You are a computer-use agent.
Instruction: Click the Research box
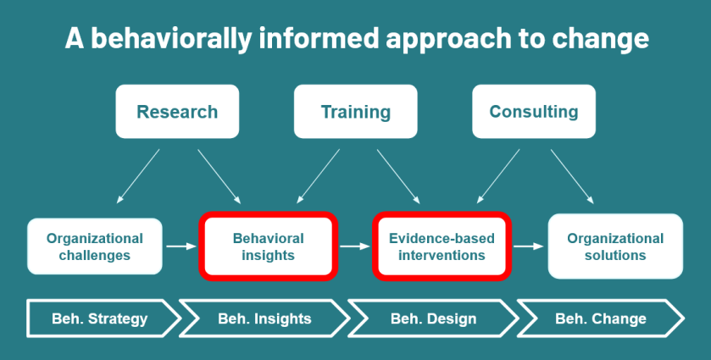pos(177,112)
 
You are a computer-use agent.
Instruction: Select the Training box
pos(355,112)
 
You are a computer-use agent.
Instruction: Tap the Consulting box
pos(533,112)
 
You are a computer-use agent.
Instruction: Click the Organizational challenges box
pos(94,246)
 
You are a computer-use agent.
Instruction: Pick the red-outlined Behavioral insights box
pos(268,246)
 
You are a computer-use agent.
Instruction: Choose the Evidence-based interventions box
pos(442,246)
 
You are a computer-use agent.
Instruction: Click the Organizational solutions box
pos(614,246)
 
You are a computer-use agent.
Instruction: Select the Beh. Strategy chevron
pos(100,318)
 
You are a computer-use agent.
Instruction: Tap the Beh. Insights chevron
pos(264,318)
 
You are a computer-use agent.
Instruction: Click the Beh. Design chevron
pos(433,318)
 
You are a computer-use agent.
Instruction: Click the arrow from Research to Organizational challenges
pos(138,176)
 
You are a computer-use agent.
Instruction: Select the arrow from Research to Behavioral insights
pos(219,176)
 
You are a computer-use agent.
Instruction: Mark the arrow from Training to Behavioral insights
pos(318,176)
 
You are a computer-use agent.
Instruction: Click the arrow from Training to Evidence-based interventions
pos(398,176)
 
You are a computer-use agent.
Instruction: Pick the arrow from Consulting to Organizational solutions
pos(573,176)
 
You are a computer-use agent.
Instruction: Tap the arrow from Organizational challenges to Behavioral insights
pos(181,246)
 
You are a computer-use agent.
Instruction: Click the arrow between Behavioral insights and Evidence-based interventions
pos(354,246)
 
